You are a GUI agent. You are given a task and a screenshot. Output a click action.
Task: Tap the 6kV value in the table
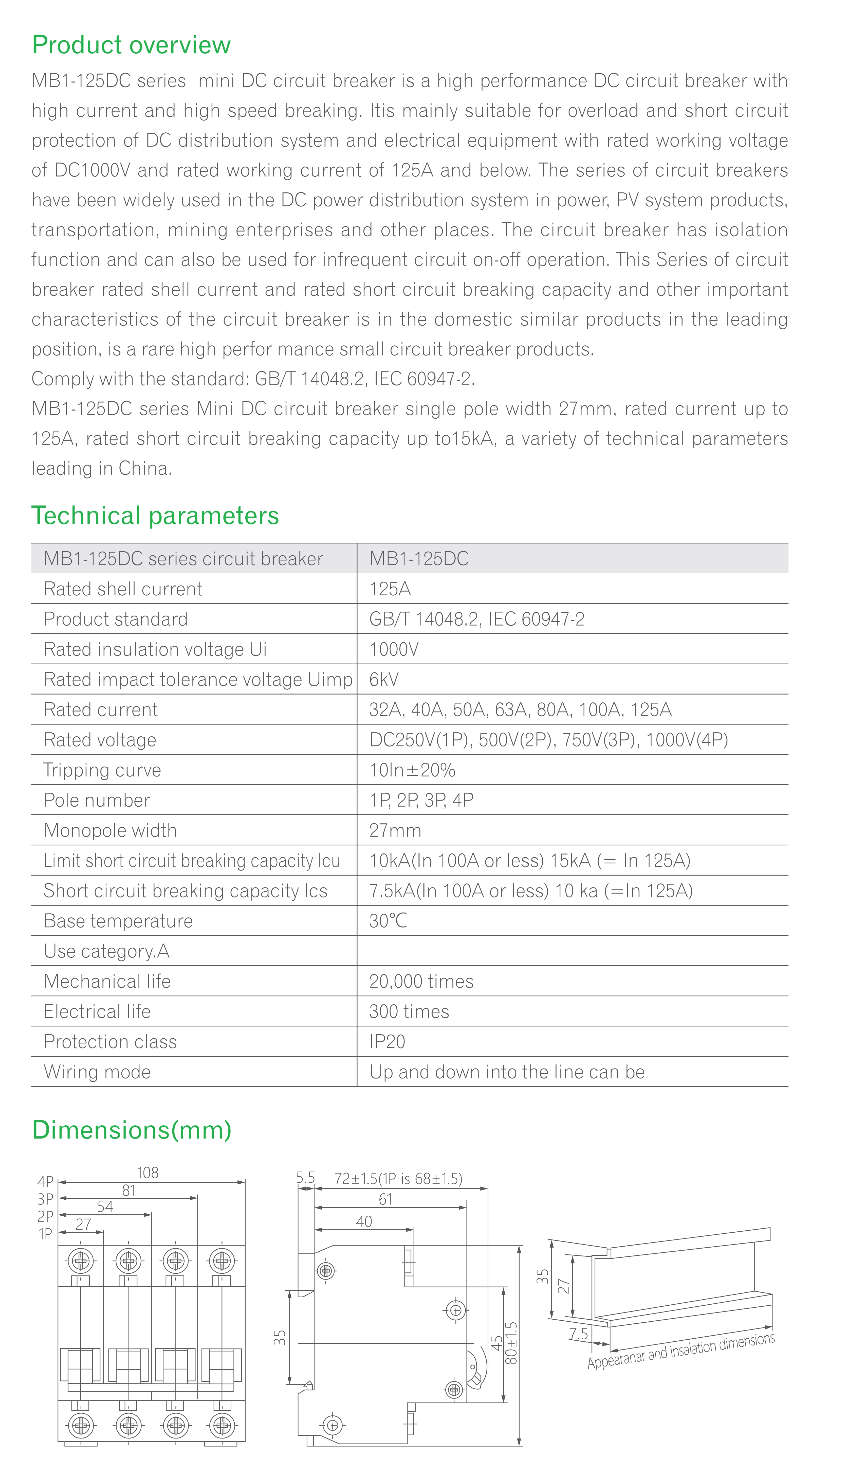point(384,679)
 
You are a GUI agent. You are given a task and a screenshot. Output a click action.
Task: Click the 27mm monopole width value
point(395,830)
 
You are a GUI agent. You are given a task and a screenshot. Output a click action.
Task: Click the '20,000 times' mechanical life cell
point(421,981)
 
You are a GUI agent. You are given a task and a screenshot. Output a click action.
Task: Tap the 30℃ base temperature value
point(388,921)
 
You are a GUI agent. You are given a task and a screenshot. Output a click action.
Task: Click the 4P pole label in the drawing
point(45,1182)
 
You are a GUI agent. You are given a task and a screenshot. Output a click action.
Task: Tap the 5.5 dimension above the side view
point(305,1178)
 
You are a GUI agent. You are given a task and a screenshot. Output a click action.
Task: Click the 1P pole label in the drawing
point(45,1234)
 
